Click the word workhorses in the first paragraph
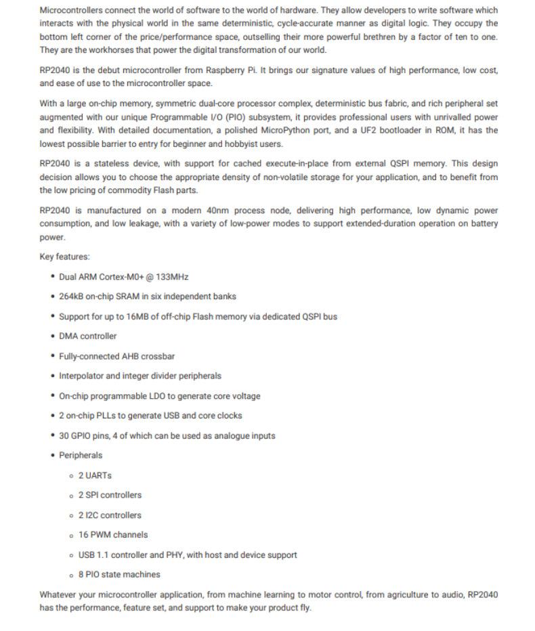coord(93,50)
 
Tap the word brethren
coord(350,37)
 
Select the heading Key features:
coord(64,257)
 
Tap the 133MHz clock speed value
coord(172,276)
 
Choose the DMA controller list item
coord(87,336)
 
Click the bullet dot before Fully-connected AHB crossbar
coord(53,355)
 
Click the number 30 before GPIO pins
coord(64,435)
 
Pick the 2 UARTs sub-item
coord(95,475)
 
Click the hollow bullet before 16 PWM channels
coord(71,535)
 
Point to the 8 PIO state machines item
coord(119,574)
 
